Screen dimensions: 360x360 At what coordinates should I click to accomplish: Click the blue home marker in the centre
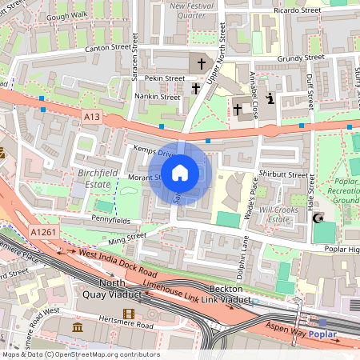pyautogui.click(x=180, y=172)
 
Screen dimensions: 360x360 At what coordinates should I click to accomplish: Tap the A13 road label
pyautogui.click(x=91, y=117)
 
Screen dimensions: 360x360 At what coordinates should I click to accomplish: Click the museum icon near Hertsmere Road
pyautogui.click(x=78, y=328)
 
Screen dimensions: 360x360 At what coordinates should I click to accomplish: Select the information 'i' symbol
pyautogui.click(x=270, y=99)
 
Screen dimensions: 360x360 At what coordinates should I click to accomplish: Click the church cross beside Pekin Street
pyautogui.click(x=195, y=87)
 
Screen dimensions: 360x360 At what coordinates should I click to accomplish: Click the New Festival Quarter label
pyautogui.click(x=191, y=10)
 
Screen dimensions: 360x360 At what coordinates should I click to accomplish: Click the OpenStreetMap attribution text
pyautogui.click(x=80, y=354)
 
